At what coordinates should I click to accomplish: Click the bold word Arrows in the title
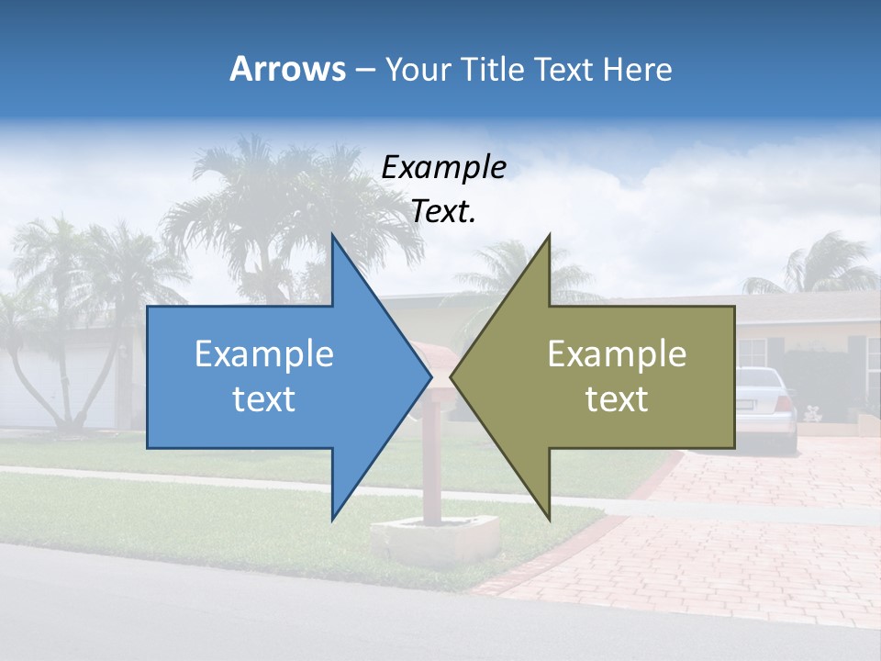click(x=288, y=69)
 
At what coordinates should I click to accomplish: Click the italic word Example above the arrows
click(x=443, y=168)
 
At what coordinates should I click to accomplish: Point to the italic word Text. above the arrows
click(x=443, y=212)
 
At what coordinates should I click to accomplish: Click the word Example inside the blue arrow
click(x=264, y=353)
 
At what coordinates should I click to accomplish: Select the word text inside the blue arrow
click(x=264, y=399)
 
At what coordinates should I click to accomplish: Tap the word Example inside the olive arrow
click(x=617, y=353)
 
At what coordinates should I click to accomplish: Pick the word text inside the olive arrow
click(x=617, y=399)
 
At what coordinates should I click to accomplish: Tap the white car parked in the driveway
click(x=766, y=404)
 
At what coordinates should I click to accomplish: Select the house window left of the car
click(x=752, y=353)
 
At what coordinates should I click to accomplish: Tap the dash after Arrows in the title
click(x=363, y=70)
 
